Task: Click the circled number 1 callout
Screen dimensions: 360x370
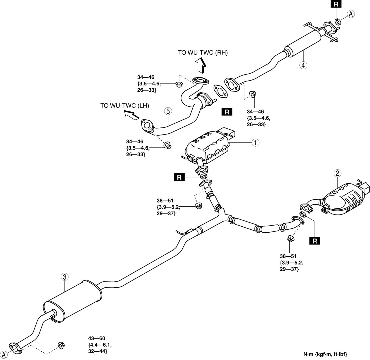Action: pyautogui.click(x=255, y=143)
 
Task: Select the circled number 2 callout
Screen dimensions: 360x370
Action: pyautogui.click(x=337, y=173)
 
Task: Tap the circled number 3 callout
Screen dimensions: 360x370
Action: pyautogui.click(x=64, y=277)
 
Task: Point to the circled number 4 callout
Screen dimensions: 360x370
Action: pyautogui.click(x=303, y=65)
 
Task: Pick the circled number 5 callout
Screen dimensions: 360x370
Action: pyautogui.click(x=168, y=111)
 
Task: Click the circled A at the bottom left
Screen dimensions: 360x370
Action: pyautogui.click(x=4, y=355)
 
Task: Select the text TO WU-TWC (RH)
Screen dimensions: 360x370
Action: pyautogui.click(x=203, y=53)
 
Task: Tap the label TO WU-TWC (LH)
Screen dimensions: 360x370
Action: pyautogui.click(x=125, y=105)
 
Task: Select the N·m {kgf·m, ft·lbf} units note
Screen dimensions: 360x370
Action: pyautogui.click(x=325, y=354)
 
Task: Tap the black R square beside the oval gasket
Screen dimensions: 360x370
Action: pyautogui.click(x=227, y=112)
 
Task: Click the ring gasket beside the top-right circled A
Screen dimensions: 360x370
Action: pyautogui.click(x=338, y=21)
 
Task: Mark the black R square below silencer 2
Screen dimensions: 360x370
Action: pyautogui.click(x=315, y=241)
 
